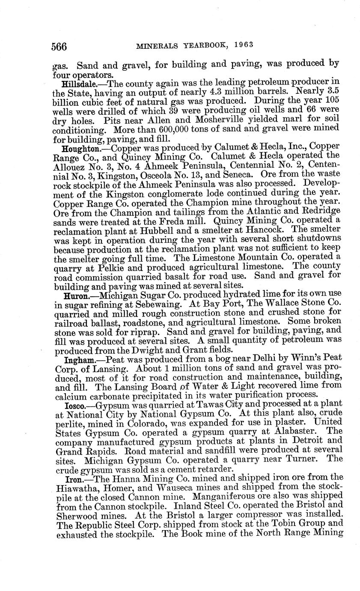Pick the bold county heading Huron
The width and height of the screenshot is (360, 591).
click(76, 295)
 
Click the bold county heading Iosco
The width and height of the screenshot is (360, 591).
click(77, 406)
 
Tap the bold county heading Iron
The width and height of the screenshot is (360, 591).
click(73, 478)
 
